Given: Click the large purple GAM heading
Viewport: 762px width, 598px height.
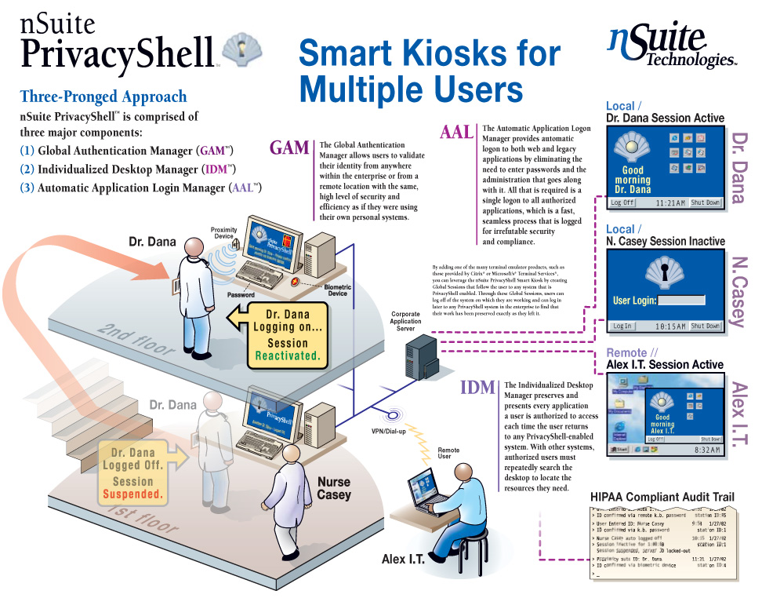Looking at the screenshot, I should (x=289, y=147).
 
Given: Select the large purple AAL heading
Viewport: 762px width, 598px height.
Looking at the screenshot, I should (x=457, y=131).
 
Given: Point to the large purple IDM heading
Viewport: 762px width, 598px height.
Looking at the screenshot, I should (x=477, y=387).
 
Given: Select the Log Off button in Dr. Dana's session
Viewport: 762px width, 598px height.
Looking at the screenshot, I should (x=622, y=202).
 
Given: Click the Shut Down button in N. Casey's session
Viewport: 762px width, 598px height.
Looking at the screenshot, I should (x=705, y=326).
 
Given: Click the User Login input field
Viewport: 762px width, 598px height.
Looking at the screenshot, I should (x=681, y=300).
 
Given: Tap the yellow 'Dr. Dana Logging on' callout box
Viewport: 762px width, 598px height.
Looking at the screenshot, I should (x=287, y=334).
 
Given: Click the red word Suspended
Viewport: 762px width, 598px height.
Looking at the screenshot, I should (x=133, y=494).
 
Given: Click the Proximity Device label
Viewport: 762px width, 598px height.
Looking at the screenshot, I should (x=224, y=232).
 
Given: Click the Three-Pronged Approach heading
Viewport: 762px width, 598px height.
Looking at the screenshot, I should (x=103, y=97).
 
